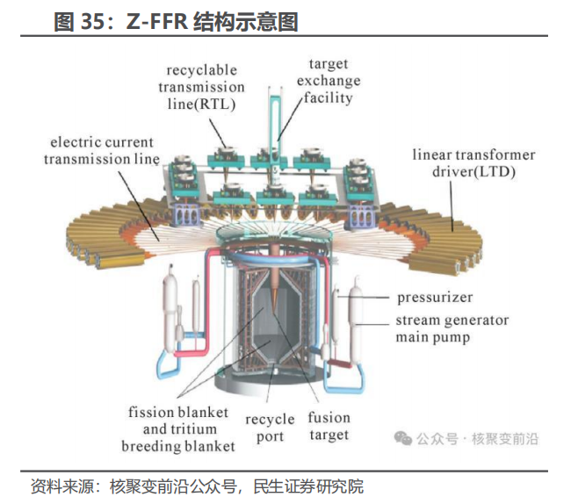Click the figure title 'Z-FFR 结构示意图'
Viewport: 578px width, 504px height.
pos(208,21)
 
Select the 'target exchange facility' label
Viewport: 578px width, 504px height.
pos(329,80)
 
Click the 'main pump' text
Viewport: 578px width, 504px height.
pos(433,337)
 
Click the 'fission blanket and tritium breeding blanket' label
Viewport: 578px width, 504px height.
pos(178,428)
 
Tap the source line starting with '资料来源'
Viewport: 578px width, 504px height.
pos(197,486)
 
